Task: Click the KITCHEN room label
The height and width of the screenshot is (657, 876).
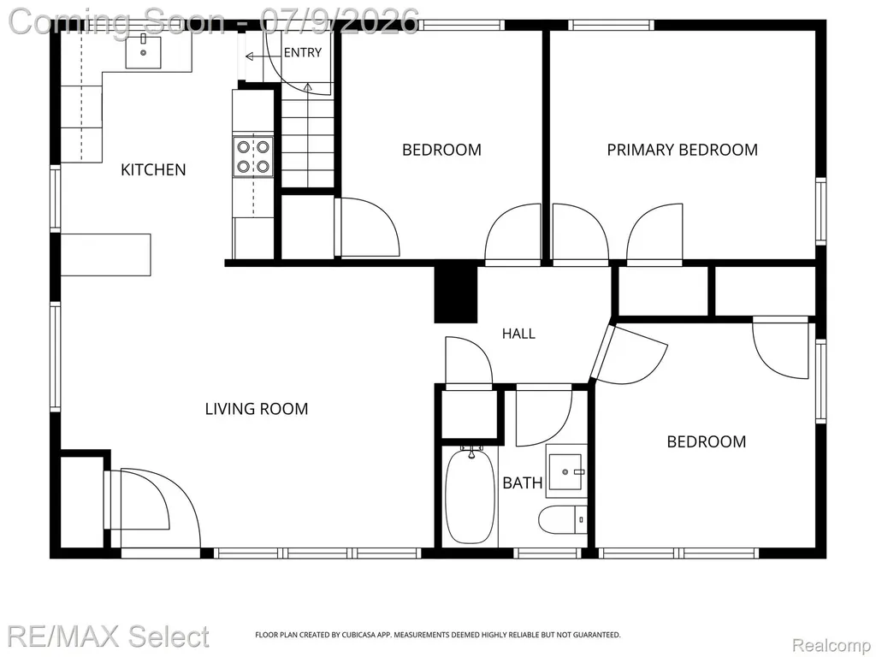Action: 153,169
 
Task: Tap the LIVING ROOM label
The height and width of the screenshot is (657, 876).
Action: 257,409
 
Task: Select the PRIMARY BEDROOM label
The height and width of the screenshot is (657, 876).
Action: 682,150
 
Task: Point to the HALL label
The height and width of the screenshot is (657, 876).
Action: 518,334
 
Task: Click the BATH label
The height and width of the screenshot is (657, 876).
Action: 523,482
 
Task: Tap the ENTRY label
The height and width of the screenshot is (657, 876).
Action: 303,52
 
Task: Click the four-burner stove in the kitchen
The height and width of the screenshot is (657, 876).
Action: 253,157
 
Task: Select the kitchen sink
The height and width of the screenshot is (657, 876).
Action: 143,52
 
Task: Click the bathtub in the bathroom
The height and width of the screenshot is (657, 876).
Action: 470,495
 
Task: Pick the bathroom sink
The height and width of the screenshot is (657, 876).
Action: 566,471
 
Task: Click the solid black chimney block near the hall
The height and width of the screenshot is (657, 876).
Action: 456,294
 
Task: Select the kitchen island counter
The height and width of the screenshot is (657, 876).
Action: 105,255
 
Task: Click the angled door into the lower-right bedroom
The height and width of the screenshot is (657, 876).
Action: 630,355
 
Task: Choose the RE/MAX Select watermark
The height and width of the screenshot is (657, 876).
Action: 109,636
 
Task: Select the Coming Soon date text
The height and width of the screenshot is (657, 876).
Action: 213,22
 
